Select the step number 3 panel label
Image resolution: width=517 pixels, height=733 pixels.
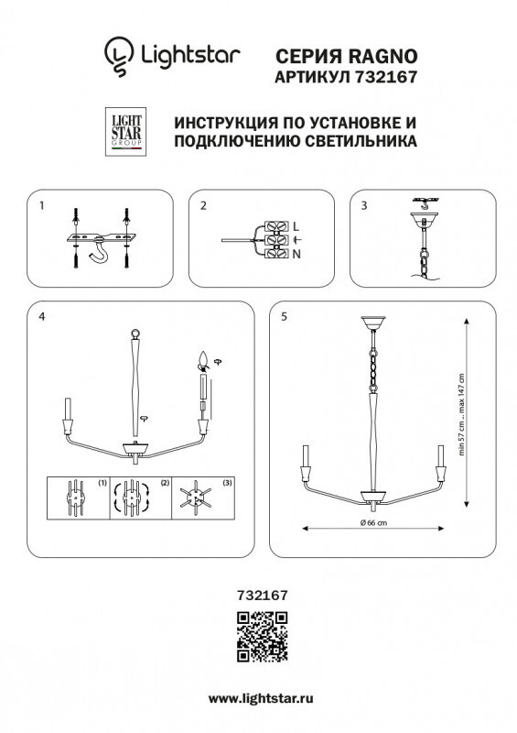(364, 206)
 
